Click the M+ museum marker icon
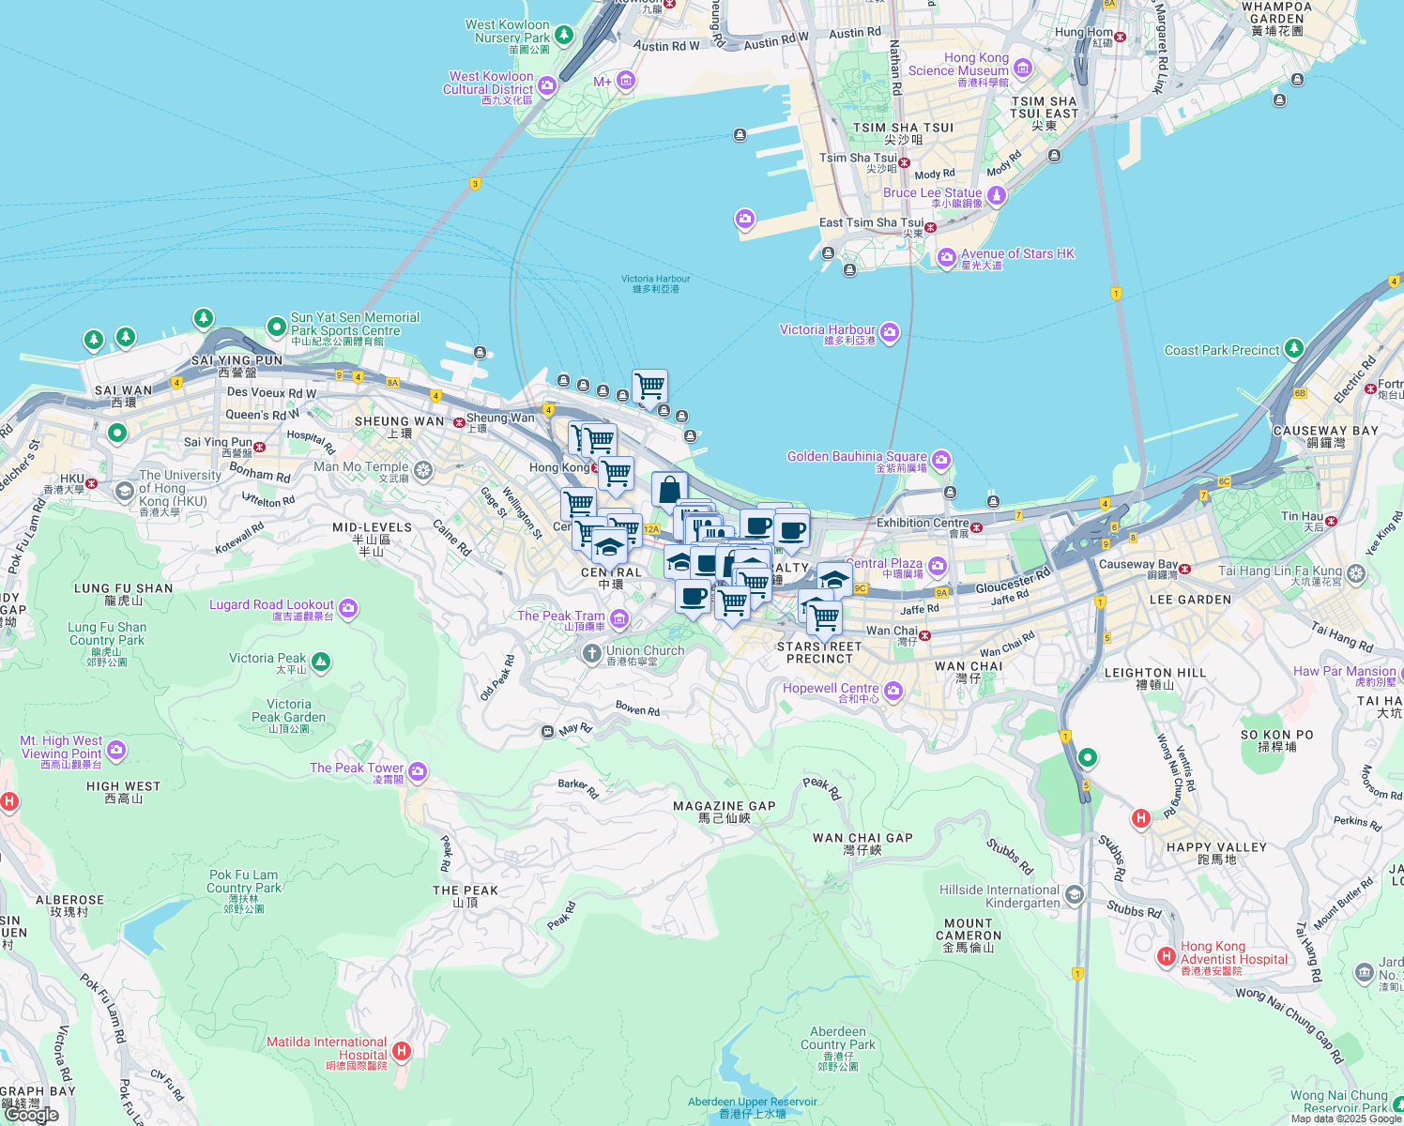tap(626, 81)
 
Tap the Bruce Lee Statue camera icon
tap(997, 195)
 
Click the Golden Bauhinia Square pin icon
tap(941, 460)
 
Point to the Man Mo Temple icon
tap(423, 469)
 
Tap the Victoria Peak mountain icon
tap(321, 662)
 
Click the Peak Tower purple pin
tap(418, 771)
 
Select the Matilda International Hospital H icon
tap(402, 1051)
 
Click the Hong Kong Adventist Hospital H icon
tap(1167, 956)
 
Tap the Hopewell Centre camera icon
tap(893, 692)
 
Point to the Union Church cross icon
tap(591, 653)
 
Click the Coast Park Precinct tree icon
tap(1294, 349)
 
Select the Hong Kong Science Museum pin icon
tap(1023, 68)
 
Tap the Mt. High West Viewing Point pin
tap(116, 749)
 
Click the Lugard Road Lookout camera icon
tap(348, 608)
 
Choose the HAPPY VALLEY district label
tap(1216, 847)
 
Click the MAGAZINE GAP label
tap(725, 806)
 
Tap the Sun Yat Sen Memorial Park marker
tap(277, 327)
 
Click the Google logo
tap(31, 1115)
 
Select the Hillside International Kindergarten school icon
tap(1075, 894)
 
